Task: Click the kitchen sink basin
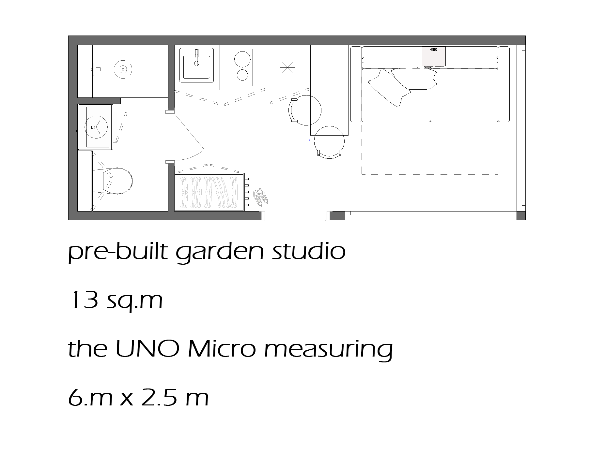(x=196, y=67)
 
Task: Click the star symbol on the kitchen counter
(x=287, y=68)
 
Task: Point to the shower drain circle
(x=123, y=69)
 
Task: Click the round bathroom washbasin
(x=96, y=127)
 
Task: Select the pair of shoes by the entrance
(x=261, y=197)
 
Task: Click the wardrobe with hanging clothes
(x=209, y=192)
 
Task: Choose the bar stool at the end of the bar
(x=329, y=142)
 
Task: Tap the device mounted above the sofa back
(x=434, y=56)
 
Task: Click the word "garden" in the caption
(x=219, y=252)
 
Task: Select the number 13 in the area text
(x=84, y=300)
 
